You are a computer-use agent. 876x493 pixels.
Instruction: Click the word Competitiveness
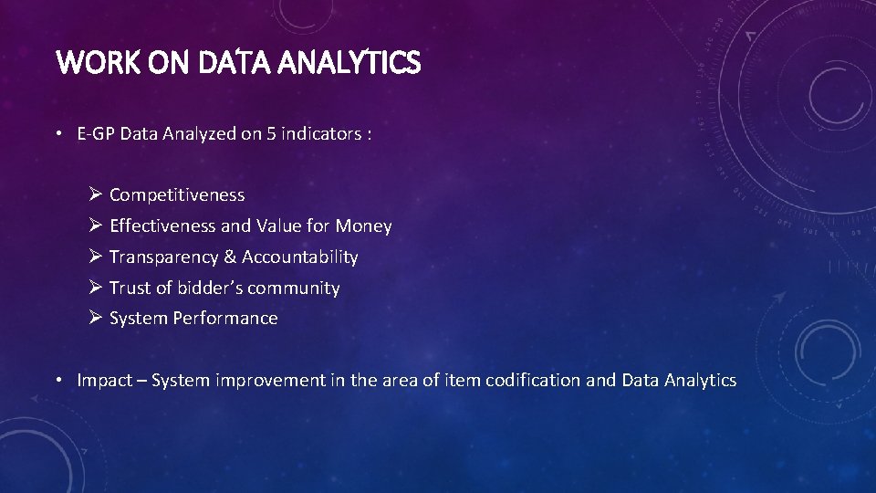click(x=177, y=194)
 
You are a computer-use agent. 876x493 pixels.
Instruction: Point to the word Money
click(x=363, y=226)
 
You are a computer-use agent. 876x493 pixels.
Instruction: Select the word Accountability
click(x=300, y=257)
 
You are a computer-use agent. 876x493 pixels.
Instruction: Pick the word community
click(x=293, y=288)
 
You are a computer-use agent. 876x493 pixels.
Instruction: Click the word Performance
click(x=226, y=318)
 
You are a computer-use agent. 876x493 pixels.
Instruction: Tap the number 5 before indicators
click(x=271, y=134)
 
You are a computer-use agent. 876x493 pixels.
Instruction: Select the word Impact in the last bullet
click(x=104, y=380)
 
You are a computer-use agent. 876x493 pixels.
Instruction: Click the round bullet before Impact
click(x=57, y=381)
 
